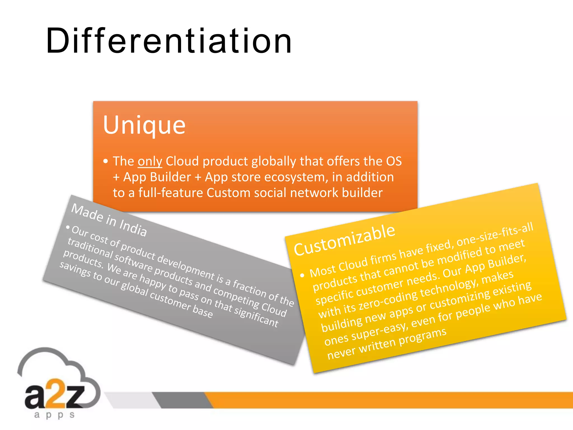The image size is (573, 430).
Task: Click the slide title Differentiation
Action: [169, 41]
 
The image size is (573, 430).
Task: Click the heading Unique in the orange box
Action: [144, 125]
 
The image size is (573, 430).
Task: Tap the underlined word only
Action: [150, 162]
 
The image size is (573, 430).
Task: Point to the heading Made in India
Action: [109, 220]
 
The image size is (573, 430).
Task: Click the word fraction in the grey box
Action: [249, 288]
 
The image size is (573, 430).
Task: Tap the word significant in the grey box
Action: [256, 316]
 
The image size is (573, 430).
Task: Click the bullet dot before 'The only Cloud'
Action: [105, 161]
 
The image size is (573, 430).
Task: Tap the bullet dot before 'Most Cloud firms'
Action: [302, 275]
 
